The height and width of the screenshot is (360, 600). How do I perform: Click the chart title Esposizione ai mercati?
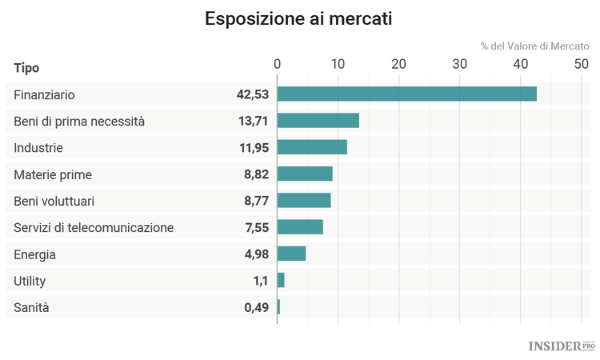[298, 18]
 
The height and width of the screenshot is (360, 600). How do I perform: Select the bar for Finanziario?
[406, 94]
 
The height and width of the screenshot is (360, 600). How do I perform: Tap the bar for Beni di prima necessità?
[318, 121]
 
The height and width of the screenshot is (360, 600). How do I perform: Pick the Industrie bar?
[313, 147]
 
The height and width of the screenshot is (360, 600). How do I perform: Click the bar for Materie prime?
[305, 174]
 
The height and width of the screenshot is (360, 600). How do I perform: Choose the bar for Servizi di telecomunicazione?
[300, 226]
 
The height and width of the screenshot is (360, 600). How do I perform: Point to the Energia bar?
[292, 254]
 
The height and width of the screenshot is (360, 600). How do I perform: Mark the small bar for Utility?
[281, 280]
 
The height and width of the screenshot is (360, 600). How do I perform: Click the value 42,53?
[251, 94]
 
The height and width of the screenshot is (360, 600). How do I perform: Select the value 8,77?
[256, 201]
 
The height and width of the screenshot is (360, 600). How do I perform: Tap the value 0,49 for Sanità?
[256, 306]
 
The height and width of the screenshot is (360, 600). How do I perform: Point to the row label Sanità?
[31, 306]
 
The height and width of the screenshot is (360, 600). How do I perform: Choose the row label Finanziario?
[44, 94]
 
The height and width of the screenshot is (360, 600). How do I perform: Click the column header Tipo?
[26, 67]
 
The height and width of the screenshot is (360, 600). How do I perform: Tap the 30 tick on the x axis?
[459, 65]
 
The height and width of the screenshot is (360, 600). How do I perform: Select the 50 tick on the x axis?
[581, 65]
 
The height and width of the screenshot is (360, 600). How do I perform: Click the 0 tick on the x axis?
[278, 65]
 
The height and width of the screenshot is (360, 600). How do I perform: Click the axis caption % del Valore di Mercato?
[534, 46]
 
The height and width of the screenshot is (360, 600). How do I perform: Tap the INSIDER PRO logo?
[562, 346]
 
